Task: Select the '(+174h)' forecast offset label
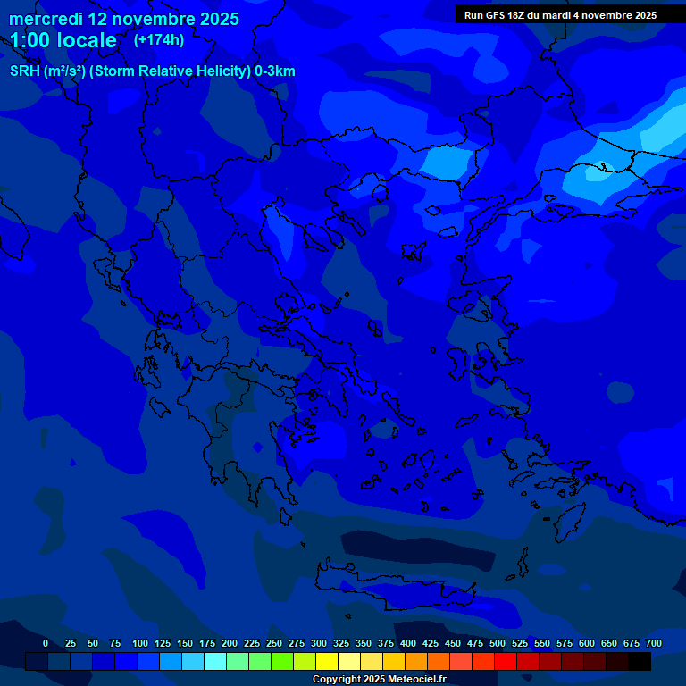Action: tap(159, 39)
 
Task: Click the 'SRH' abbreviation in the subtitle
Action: tap(25, 71)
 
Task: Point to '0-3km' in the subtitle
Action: tap(275, 71)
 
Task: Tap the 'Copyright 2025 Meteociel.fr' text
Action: tap(379, 680)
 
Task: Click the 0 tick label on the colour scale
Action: tap(46, 643)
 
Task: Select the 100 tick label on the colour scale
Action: tap(140, 643)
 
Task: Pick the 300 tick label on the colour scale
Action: tap(319, 643)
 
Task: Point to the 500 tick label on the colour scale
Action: tap(498, 643)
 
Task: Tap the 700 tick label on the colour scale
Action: tap(653, 643)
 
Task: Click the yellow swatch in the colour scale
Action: tap(327, 661)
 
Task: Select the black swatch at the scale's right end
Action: tap(640, 661)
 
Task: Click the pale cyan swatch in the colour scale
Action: tap(215, 661)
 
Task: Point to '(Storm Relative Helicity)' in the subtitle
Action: tap(170, 71)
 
